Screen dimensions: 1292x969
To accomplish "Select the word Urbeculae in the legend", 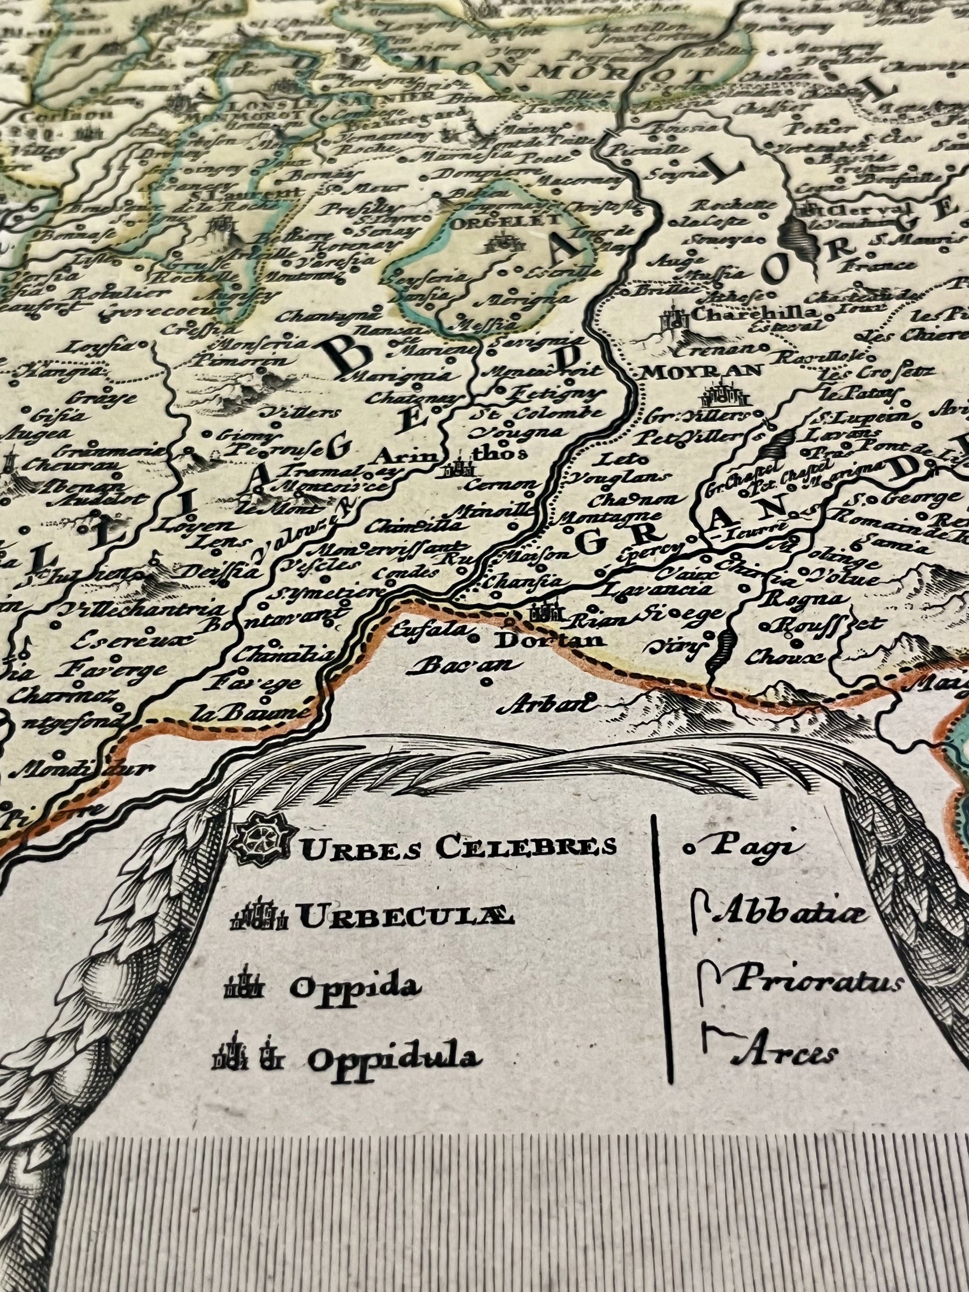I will pos(406,918).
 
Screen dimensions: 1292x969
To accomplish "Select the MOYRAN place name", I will pos(701,370).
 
